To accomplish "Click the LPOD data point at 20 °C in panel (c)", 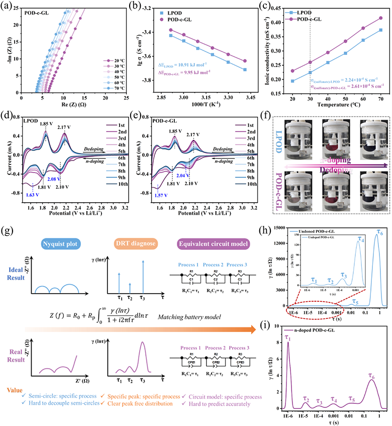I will coord(292,80).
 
